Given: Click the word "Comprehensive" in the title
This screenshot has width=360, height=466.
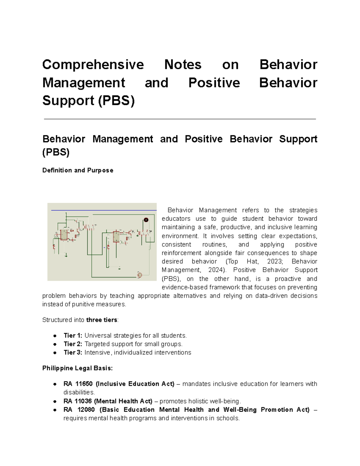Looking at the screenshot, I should tap(93, 65).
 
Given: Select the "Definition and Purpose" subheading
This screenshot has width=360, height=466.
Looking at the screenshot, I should tap(78, 170).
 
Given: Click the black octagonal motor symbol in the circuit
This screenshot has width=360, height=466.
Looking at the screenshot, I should tap(146, 220).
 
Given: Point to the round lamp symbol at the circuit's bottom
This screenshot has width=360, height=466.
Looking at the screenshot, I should tap(139, 275).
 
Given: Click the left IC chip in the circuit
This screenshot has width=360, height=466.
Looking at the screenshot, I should tap(64, 235).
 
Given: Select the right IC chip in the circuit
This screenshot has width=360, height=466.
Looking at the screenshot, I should tap(116, 236).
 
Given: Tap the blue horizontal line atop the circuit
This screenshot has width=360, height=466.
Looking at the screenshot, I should tap(103, 210).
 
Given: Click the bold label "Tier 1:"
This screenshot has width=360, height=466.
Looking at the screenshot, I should tap(73, 335).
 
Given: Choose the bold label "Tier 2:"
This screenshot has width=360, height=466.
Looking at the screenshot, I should tap(73, 344).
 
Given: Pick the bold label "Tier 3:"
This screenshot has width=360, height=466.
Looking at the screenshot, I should tap(73, 352).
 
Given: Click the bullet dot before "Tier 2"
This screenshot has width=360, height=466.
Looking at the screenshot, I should tap(55, 344).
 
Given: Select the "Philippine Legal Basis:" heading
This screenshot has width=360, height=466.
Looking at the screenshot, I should tap(77, 368).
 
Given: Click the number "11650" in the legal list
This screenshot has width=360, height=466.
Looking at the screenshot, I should tap(84, 384).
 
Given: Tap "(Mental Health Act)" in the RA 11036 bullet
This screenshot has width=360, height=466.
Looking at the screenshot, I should tap(123, 401).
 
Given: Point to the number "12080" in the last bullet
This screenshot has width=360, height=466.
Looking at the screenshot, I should tap(86, 410).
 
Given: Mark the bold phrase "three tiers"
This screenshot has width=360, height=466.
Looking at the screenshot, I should tap(102, 320).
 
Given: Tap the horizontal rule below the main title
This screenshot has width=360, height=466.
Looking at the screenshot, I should tap(180, 119).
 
